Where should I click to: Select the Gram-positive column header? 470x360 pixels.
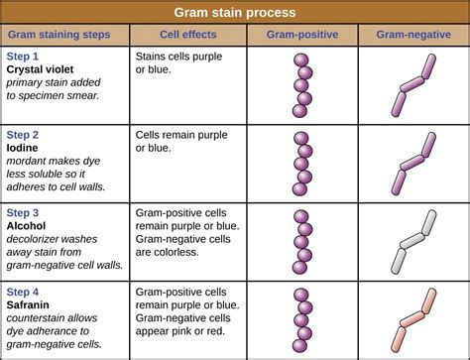[302, 35]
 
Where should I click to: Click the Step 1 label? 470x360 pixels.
[24, 58]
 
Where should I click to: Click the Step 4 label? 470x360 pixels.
[24, 292]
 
